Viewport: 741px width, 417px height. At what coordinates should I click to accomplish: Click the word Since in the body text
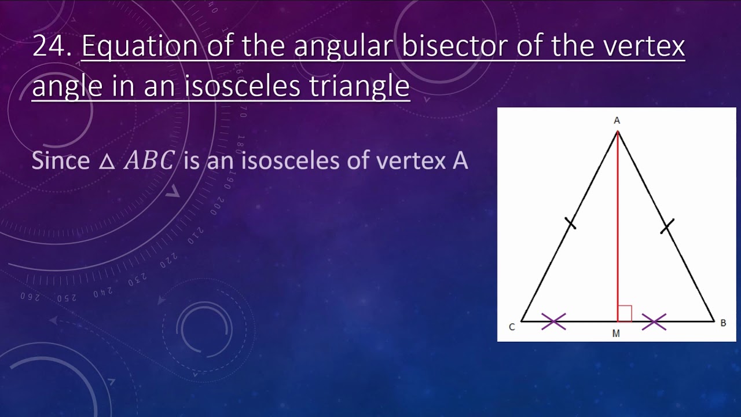pyautogui.click(x=60, y=160)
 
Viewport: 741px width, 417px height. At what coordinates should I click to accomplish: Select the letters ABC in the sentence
pyautogui.click(x=149, y=161)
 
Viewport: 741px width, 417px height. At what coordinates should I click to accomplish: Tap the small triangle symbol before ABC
pyautogui.click(x=107, y=162)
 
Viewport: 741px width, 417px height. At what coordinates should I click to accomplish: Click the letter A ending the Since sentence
pyautogui.click(x=459, y=160)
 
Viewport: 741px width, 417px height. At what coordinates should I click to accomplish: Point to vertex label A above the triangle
pyautogui.click(x=617, y=120)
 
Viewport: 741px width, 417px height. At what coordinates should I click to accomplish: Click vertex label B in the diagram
pyautogui.click(x=723, y=323)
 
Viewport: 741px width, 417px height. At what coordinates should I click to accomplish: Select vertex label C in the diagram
pyautogui.click(x=512, y=327)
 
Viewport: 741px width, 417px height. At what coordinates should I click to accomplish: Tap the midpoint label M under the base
pyautogui.click(x=616, y=334)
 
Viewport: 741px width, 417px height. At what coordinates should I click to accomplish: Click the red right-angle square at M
pyautogui.click(x=625, y=314)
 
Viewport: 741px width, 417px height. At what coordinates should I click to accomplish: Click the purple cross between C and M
pyautogui.click(x=553, y=321)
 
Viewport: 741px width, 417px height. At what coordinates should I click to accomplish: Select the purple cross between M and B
pyautogui.click(x=654, y=321)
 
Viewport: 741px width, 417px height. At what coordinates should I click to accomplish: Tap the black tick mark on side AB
pyautogui.click(x=667, y=226)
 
